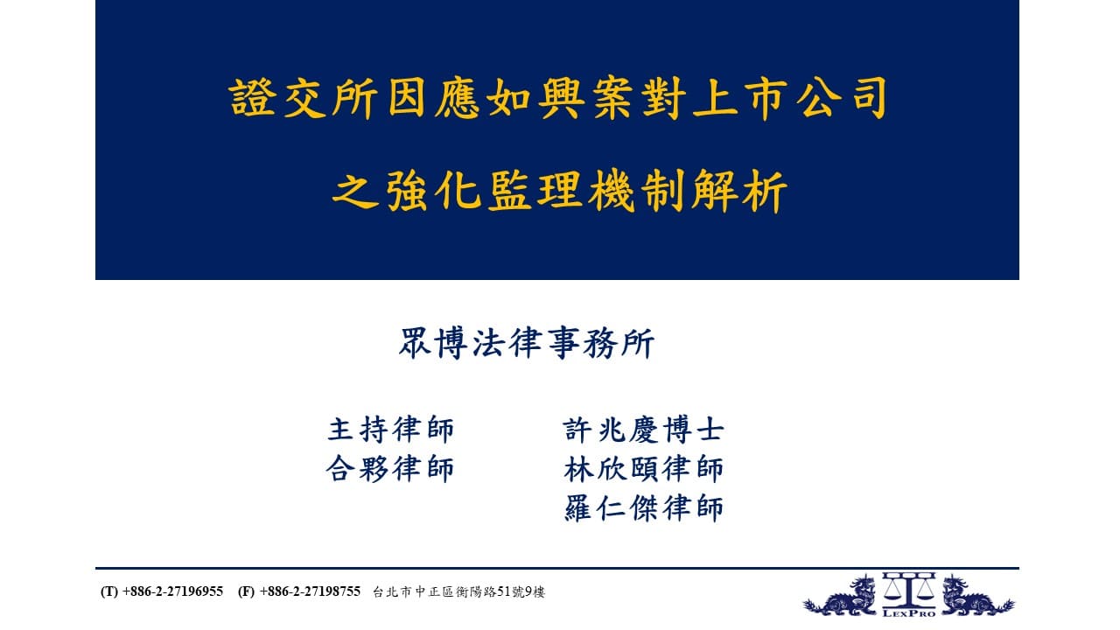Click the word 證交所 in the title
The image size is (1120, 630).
click(x=304, y=98)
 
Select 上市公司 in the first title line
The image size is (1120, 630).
click(x=790, y=98)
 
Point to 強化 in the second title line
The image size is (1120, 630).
click(x=433, y=191)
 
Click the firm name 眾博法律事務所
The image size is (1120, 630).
click(x=527, y=344)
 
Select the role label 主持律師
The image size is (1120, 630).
click(x=390, y=429)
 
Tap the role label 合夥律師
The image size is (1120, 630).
click(x=390, y=468)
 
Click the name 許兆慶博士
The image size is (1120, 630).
click(x=643, y=429)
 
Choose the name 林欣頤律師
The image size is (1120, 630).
click(x=643, y=468)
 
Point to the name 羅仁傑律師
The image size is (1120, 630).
click(x=643, y=508)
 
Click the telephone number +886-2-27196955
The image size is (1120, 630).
click(x=172, y=591)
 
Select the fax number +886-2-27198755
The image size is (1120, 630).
click(x=310, y=591)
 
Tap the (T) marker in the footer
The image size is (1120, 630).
click(x=109, y=591)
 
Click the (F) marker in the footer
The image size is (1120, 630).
click(x=247, y=591)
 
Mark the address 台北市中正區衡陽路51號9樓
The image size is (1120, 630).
click(x=458, y=592)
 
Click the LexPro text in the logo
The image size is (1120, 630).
click(x=909, y=613)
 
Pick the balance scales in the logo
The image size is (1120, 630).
click(x=908, y=590)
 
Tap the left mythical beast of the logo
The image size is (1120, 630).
click(x=841, y=597)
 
